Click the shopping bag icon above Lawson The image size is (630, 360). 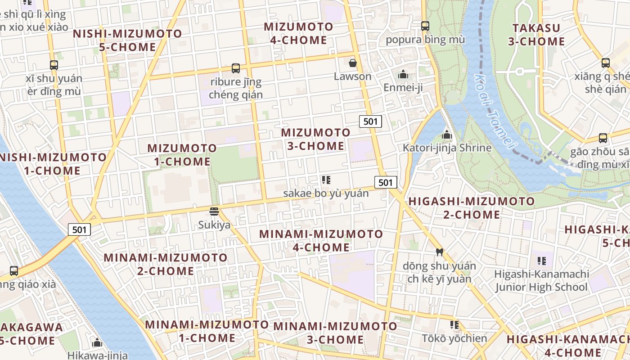353,63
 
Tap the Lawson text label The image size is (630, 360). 353,76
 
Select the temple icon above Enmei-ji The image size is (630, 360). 403,74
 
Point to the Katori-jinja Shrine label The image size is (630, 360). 447,148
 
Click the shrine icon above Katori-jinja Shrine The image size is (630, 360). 447,135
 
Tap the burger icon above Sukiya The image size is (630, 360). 214,211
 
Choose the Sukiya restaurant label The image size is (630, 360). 214,225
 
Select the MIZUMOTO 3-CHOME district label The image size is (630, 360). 315,139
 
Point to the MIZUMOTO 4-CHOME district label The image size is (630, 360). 298,33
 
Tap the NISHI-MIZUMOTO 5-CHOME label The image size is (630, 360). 127,40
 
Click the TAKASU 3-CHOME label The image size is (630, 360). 536,35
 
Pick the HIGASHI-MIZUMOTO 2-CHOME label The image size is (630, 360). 471,207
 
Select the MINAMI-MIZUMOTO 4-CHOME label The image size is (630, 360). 321,240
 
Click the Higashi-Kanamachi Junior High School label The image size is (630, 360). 541,280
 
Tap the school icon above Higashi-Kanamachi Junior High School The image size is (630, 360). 542,261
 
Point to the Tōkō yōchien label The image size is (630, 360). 454,338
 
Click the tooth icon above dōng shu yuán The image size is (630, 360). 440,252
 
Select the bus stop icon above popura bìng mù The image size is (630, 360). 425,26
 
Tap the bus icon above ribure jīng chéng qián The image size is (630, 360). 236,68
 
